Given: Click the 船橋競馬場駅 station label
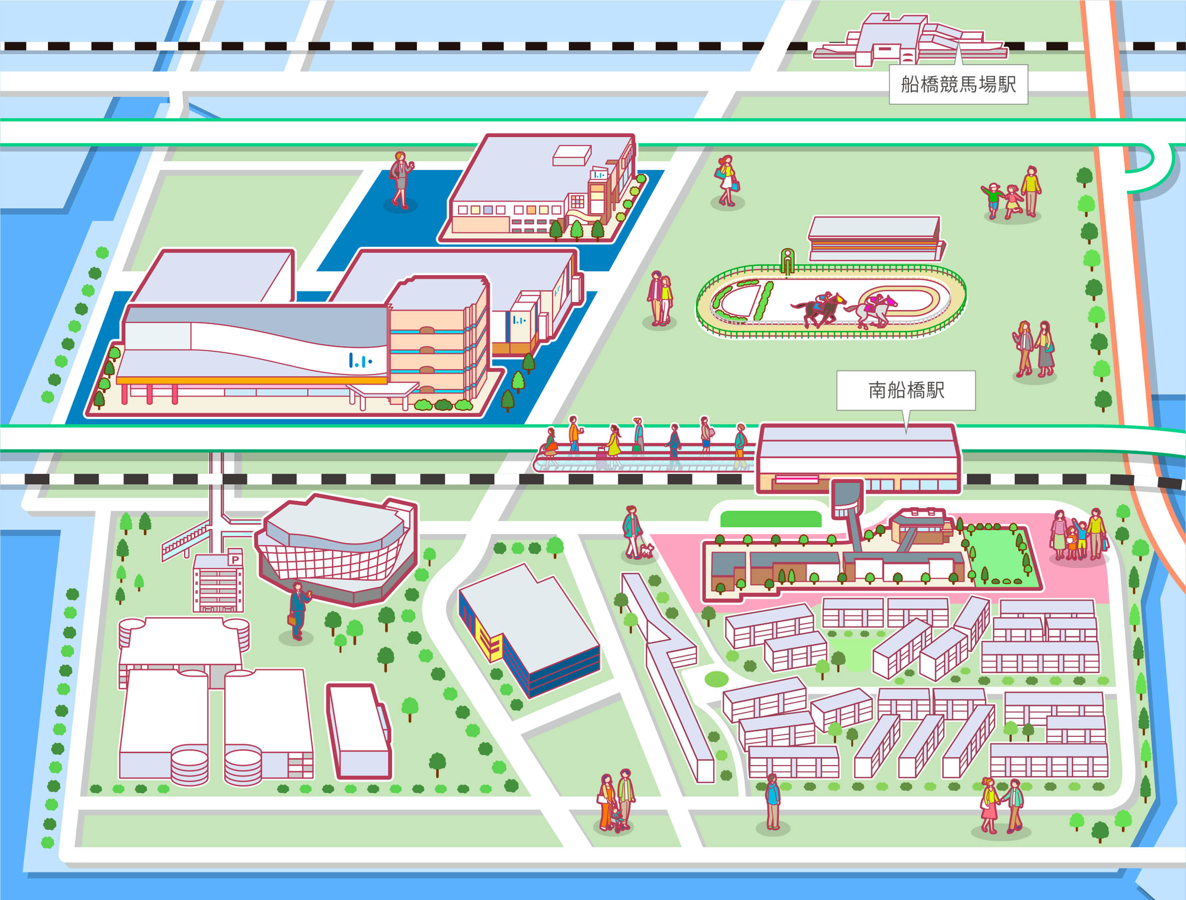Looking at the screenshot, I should [958, 84].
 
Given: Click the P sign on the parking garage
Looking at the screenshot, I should [235, 560].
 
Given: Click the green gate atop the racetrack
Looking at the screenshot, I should [787, 261].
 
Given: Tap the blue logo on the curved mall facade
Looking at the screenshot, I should [360, 360].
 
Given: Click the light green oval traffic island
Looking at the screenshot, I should [716, 679].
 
